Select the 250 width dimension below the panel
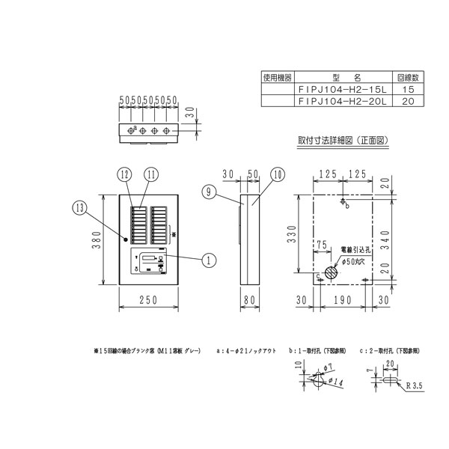[x=149, y=301]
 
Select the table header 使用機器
[x=276, y=77]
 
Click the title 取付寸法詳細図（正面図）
[x=342, y=140]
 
